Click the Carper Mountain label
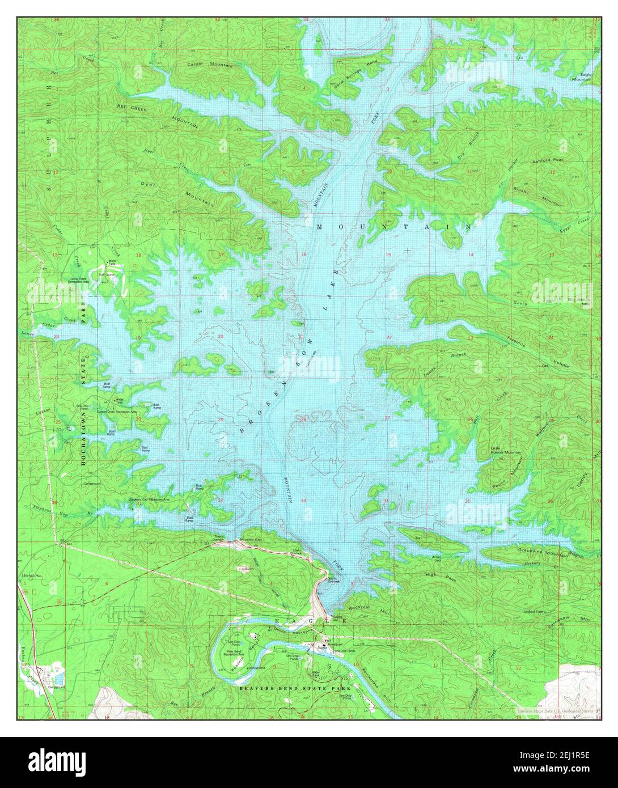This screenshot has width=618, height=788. (210, 65)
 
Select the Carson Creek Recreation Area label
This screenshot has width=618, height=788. (117, 410)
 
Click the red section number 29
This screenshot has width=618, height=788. (221, 420)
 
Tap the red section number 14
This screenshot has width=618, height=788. (471, 255)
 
